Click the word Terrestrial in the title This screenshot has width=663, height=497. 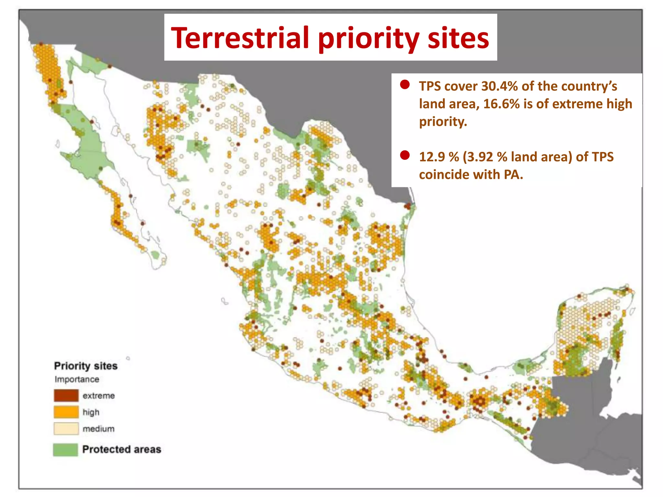pos(240,38)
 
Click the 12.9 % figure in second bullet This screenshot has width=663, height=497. pos(438,157)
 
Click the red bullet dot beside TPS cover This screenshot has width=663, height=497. pos(405,85)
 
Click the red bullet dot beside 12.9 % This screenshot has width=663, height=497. pos(405,155)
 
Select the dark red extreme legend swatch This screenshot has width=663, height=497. pos(66,395)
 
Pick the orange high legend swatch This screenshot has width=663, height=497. pos(66,412)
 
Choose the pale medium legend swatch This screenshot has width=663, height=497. pos(66,428)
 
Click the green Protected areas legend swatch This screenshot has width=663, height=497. pos(65,449)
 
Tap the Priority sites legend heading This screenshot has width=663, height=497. pos(85,366)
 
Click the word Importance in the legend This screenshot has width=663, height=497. pos(77,379)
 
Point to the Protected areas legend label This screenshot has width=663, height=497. pos(121,449)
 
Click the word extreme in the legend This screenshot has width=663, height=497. pos(98,396)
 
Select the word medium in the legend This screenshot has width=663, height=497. pos(98,429)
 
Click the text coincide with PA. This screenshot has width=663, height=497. pos(471,175)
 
